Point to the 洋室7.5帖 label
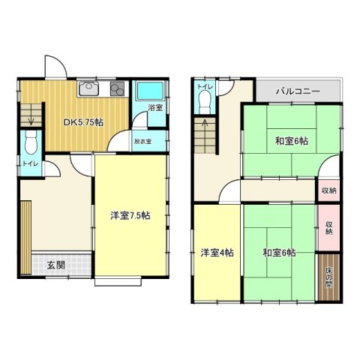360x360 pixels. tap(130, 216)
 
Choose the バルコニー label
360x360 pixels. tap(298, 91)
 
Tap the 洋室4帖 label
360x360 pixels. tap(217, 253)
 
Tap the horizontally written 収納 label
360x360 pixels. tap(328, 190)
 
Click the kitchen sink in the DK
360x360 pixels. tap(88, 89)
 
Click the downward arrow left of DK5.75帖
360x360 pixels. tap(30, 115)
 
